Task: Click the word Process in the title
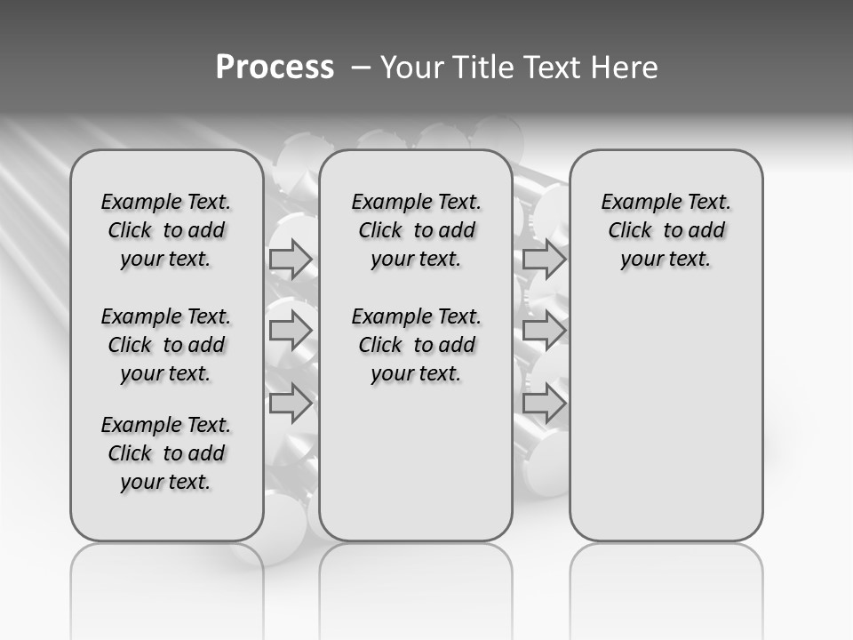pos(275,68)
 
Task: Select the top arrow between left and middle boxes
pos(291,260)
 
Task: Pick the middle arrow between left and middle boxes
pos(291,332)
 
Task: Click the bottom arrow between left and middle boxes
pos(291,404)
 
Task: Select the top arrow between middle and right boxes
pos(544,260)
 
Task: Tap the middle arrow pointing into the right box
pos(544,332)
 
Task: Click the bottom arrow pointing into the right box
pos(544,404)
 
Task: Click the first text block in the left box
pos(166,230)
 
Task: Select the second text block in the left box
pos(166,345)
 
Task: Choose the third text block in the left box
pos(166,453)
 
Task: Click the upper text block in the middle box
pos(416,230)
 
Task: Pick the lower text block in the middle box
pos(416,345)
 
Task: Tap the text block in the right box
pos(666,230)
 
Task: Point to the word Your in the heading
pos(412,68)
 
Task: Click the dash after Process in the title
pos(359,68)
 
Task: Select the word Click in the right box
pos(630,230)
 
